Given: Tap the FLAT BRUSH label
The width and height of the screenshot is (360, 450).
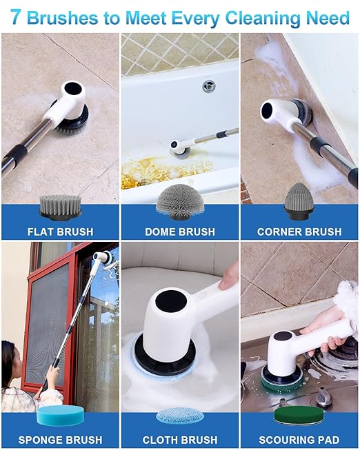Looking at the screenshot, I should pos(60,232).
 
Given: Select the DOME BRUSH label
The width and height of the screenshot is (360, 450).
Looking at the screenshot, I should pos(179,232).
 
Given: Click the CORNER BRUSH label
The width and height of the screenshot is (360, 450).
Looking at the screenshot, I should pos(299,232).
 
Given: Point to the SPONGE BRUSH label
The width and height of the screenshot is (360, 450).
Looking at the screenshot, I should pos(60,439).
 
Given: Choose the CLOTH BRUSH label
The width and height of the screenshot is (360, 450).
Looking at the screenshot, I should pos(179,439).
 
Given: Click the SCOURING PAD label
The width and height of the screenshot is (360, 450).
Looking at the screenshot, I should pos(299,439).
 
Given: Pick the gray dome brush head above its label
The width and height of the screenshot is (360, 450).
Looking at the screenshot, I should pos(179,201).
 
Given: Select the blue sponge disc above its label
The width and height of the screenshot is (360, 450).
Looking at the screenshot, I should pos(59,416).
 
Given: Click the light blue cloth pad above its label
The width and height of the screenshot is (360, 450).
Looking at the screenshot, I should pos(179,416).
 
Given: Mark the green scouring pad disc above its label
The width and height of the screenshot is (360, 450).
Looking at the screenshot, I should pos(299,416).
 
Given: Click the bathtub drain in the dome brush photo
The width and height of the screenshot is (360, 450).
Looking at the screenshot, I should pos(209,86).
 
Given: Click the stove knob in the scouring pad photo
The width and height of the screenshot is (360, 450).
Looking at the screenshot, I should pos(324,398).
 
